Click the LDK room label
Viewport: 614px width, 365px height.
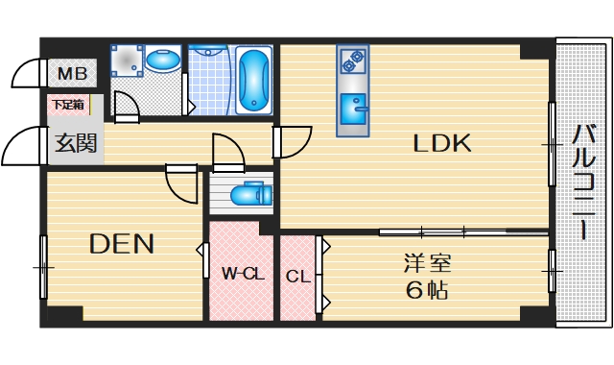point(441,144)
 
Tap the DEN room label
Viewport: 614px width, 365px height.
point(122,244)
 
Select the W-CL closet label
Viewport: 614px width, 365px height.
point(243,274)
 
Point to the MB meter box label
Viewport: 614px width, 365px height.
point(72,74)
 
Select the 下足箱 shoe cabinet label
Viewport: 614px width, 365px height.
point(67,104)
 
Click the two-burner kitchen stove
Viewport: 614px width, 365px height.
point(352,61)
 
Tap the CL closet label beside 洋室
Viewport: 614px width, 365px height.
point(298,277)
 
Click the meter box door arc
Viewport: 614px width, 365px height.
point(27,74)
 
